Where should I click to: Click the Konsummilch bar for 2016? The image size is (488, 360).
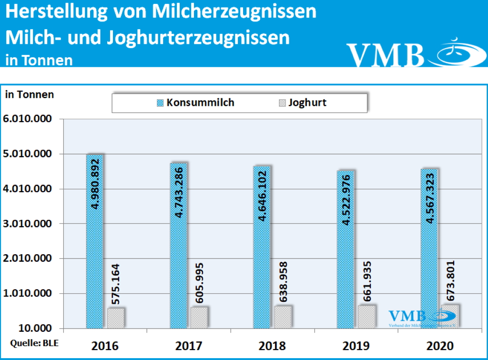click(x=94, y=241)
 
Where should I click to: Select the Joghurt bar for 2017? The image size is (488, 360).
click(x=199, y=317)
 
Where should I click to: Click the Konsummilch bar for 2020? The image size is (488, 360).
click(x=429, y=248)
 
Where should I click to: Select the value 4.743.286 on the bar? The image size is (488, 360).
click(x=179, y=190)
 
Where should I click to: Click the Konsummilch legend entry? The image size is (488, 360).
click(x=196, y=103)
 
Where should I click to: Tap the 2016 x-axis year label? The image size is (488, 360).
click(x=105, y=345)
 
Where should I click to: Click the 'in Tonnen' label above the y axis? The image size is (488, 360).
click(x=30, y=94)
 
